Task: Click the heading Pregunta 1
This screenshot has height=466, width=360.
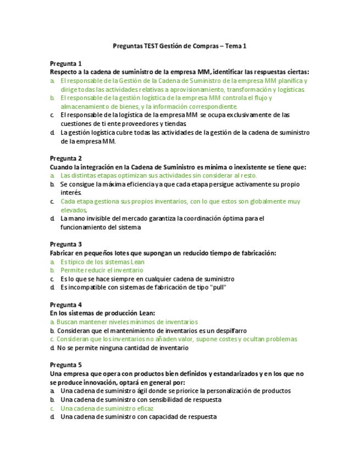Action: [x=65, y=63]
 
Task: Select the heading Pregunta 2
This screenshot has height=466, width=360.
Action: [x=65, y=158]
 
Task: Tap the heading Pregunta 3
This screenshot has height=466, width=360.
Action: [x=65, y=244]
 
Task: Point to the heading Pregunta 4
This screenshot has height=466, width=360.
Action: [x=65, y=304]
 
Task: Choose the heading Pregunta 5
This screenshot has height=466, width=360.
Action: [x=65, y=365]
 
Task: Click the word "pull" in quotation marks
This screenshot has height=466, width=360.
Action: [x=217, y=287]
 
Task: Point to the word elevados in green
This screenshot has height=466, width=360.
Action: [x=74, y=210]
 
